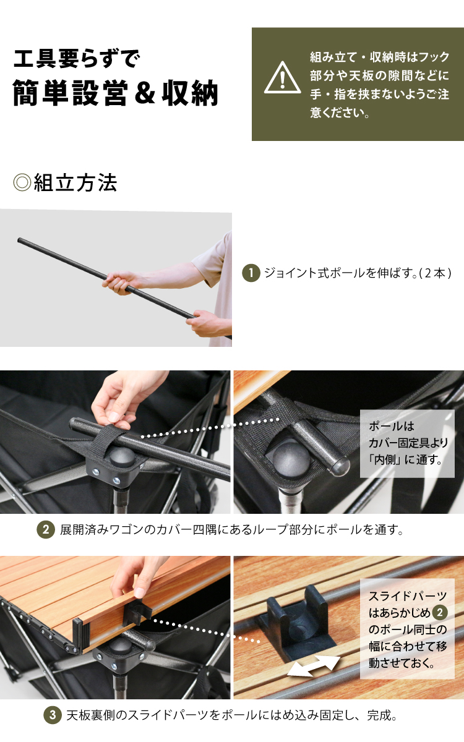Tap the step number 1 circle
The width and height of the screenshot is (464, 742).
click(251, 273)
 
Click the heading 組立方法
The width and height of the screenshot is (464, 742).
click(75, 183)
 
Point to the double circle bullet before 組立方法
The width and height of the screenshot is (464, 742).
click(22, 183)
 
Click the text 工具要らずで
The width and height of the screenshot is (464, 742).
click(77, 59)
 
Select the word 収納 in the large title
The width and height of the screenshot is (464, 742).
click(190, 93)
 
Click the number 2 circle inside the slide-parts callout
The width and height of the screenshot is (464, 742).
click(440, 612)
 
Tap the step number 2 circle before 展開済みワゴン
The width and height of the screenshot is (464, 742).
click(46, 529)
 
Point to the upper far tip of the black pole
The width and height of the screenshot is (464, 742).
click(19, 239)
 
